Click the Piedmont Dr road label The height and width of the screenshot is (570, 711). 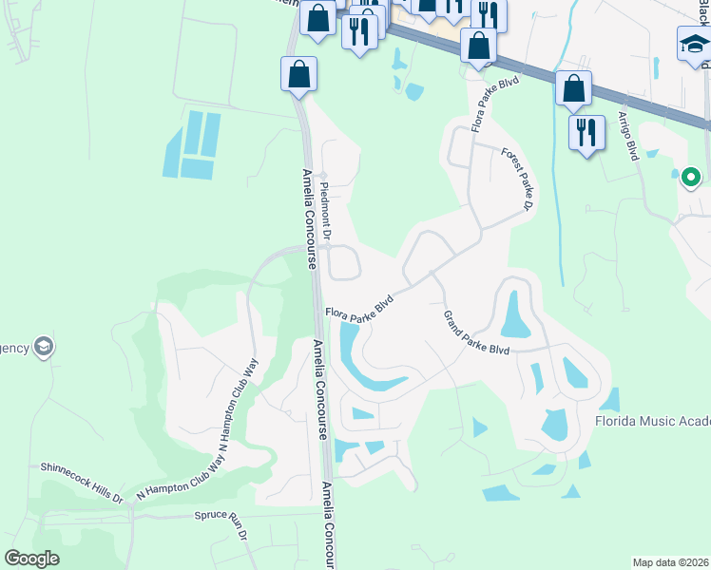tap(325, 207)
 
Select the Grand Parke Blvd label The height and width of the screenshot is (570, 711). tap(476, 333)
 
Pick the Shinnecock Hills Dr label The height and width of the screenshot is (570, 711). tap(82, 481)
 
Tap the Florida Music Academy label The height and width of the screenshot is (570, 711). tap(652, 421)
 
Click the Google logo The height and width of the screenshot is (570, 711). tap(31, 559)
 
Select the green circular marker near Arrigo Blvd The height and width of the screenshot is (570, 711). tap(691, 176)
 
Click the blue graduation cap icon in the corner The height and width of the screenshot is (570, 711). tap(694, 44)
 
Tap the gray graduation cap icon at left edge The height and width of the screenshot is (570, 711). tap(42, 347)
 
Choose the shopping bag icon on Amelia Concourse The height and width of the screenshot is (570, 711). tap(298, 74)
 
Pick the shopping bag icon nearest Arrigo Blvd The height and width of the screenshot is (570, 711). tap(573, 88)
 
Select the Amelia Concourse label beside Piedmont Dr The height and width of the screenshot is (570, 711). tap(309, 219)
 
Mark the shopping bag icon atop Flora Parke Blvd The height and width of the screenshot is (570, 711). tap(478, 45)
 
